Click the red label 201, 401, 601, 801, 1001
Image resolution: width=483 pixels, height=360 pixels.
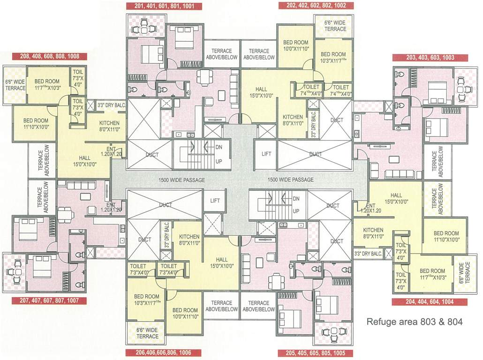pos(165,6)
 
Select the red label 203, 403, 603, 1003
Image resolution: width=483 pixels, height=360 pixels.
pos(430,58)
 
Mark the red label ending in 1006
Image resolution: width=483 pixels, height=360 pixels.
pos(164,353)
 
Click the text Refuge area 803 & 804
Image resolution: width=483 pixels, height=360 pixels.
pos(414,322)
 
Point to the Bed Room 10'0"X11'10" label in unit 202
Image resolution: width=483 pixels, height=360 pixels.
pos(295,45)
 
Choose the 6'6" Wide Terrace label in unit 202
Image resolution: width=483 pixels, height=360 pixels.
pos(335,26)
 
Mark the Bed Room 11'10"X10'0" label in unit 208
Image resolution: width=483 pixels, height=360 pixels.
pos(36,123)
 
